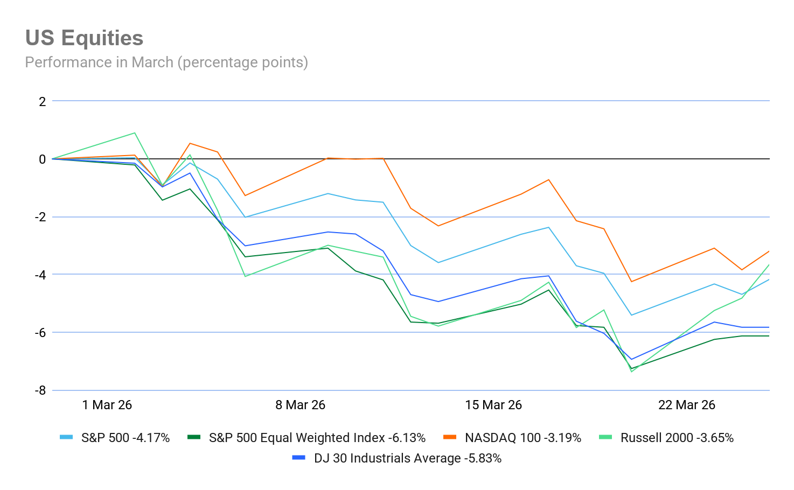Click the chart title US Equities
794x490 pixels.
84,38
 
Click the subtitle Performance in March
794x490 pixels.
166,62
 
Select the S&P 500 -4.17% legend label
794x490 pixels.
125,438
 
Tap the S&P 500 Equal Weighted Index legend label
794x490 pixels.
317,438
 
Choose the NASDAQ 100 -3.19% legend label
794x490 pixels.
523,438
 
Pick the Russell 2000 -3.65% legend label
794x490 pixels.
677,438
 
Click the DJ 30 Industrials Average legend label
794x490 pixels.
407,458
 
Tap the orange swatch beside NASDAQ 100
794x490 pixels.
450,437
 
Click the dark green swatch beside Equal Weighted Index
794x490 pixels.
194,437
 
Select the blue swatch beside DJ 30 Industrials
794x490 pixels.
298,458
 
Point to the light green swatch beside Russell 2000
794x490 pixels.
606,437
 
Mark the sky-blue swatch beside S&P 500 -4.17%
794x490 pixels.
66,437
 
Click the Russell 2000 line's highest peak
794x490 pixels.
135,132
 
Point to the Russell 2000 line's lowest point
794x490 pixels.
631,372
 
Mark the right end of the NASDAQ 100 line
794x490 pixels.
769,251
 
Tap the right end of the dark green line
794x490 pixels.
769,335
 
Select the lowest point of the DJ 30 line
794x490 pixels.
631,359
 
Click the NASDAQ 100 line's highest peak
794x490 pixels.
190,143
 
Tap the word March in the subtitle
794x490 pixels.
152,62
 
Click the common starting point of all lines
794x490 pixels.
52,159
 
